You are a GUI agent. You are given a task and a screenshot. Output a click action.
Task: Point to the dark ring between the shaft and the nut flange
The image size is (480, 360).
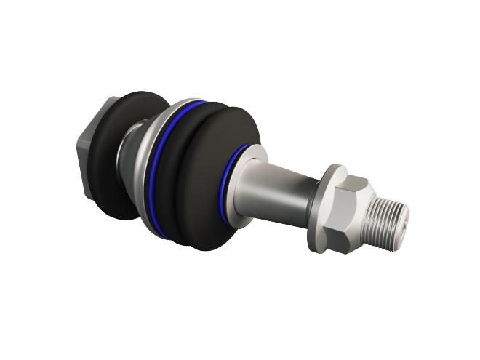pyautogui.click(x=313, y=207)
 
